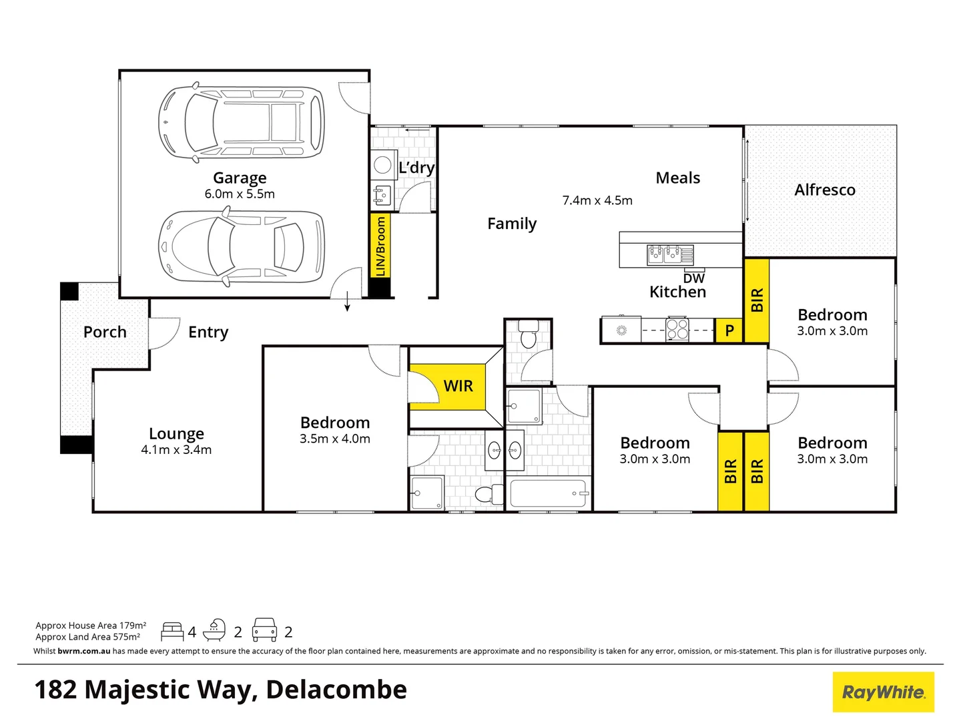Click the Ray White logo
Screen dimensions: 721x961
(883, 692)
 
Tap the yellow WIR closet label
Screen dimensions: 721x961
(458, 386)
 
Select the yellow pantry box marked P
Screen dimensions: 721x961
(729, 330)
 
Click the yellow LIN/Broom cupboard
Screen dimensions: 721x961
(380, 246)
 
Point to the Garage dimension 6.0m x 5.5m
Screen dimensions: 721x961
(240, 194)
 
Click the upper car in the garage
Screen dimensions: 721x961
(242, 122)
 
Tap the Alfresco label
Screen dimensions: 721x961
(824, 190)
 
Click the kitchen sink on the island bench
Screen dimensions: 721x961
(670, 254)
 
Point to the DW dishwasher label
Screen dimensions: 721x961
(694, 278)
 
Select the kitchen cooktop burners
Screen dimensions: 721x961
(677, 330)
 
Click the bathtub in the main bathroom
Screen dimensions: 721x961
(547, 494)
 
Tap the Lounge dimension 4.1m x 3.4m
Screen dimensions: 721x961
(176, 450)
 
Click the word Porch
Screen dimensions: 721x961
(105, 332)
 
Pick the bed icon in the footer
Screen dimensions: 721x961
(172, 632)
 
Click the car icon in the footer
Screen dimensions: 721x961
(264, 630)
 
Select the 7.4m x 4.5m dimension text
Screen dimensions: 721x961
(597, 200)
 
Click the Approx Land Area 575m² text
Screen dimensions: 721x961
(88, 637)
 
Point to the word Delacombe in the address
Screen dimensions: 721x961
(336, 690)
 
